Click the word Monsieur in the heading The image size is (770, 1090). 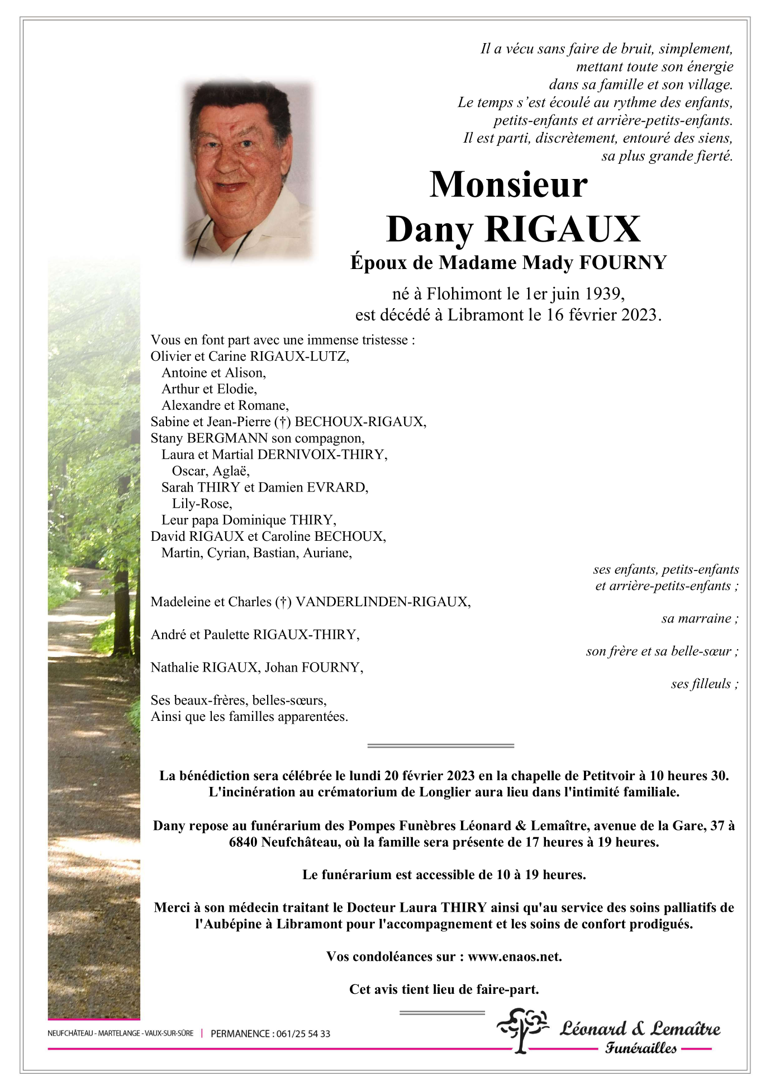coord(508,185)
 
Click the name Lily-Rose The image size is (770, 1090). coord(201,504)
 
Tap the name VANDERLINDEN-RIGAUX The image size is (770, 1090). coord(382,602)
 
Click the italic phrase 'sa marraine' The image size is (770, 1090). coord(696,619)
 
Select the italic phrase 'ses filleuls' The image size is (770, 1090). coord(701,684)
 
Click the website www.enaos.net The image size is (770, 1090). coord(514,957)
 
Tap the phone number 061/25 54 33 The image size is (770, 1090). coord(303,1034)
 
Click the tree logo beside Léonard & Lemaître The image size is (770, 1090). coord(523,1030)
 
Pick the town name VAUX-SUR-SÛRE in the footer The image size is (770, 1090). coord(169,1034)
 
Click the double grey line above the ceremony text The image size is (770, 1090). coord(440,746)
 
